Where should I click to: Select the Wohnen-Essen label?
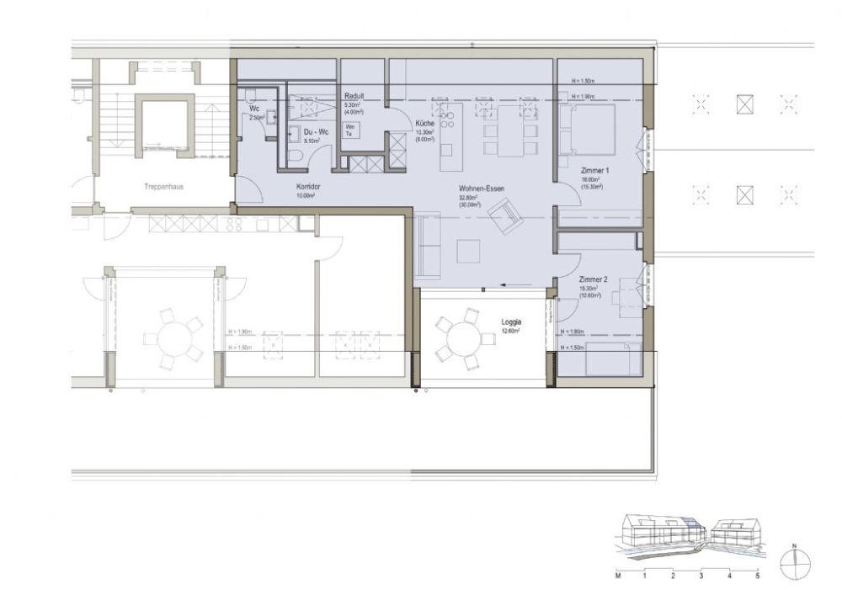pyautogui.click(x=482, y=189)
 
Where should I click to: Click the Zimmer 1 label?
pyautogui.click(x=594, y=171)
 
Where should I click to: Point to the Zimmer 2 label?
pyautogui.click(x=594, y=279)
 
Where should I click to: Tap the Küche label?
pyautogui.click(x=424, y=124)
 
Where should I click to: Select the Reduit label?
pyautogui.click(x=354, y=97)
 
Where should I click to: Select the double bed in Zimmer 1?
pyautogui.click(x=589, y=129)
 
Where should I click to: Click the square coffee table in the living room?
pyautogui.click(x=468, y=251)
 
